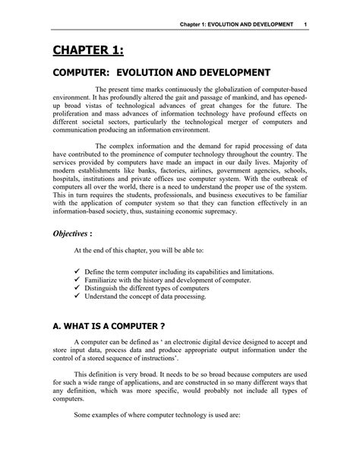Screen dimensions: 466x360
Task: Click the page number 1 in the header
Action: [x=304, y=25]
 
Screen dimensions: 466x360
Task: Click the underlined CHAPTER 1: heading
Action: [x=84, y=51]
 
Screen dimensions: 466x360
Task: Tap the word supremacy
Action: [x=221, y=213]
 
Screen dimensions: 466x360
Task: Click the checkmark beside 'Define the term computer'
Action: [x=77, y=271]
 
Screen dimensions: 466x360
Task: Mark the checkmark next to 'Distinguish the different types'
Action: [x=77, y=288]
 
